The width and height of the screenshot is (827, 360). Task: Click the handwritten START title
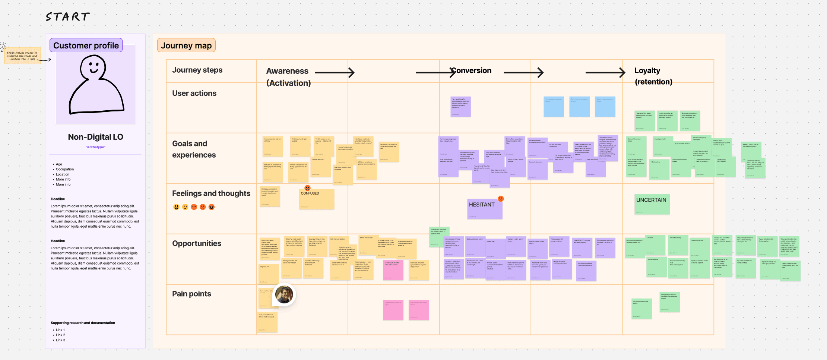pos(68,17)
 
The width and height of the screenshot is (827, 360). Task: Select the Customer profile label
pos(86,45)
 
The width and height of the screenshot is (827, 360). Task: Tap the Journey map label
pos(186,45)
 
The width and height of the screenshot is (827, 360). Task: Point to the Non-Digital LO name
pos(95,137)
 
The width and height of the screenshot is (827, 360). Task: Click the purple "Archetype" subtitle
pos(95,147)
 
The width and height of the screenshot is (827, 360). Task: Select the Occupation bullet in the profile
pos(65,169)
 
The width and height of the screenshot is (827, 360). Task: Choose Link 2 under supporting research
pos(60,335)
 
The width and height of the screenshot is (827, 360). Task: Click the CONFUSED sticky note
pos(317,199)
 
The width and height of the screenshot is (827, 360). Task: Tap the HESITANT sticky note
pos(485,209)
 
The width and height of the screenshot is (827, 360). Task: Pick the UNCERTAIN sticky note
pos(652,204)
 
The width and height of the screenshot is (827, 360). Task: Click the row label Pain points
pos(191,294)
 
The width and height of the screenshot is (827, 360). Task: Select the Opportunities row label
pos(197,243)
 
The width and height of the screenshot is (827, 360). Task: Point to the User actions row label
pos(194,93)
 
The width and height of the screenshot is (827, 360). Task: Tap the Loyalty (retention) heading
pos(653,76)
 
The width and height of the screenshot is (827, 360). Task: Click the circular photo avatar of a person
pos(284,294)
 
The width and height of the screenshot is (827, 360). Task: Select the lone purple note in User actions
pos(460,107)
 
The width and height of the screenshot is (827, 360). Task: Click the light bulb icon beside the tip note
pos(3,47)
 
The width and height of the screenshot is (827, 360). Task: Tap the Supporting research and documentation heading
pos(83,323)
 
